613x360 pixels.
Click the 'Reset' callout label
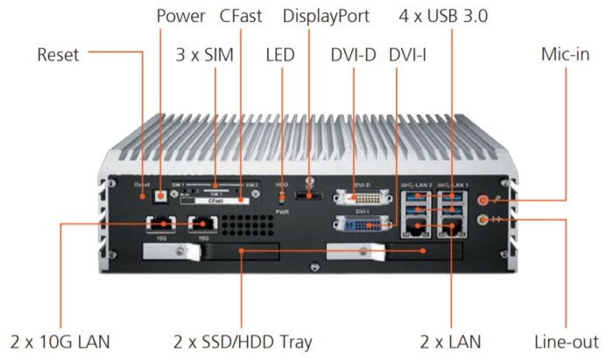point(58,55)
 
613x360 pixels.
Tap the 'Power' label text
point(181,16)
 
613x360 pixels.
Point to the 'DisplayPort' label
point(326,16)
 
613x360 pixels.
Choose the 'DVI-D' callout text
point(353,55)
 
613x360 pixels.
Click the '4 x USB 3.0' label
point(454,16)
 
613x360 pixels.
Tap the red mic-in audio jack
point(483,200)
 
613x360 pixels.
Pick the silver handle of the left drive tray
point(167,253)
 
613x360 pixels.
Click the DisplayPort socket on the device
point(308,199)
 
